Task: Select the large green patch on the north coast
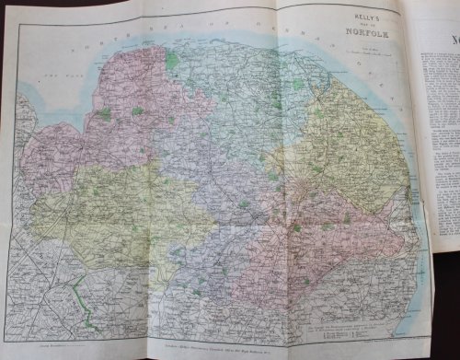(x=173, y=61)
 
